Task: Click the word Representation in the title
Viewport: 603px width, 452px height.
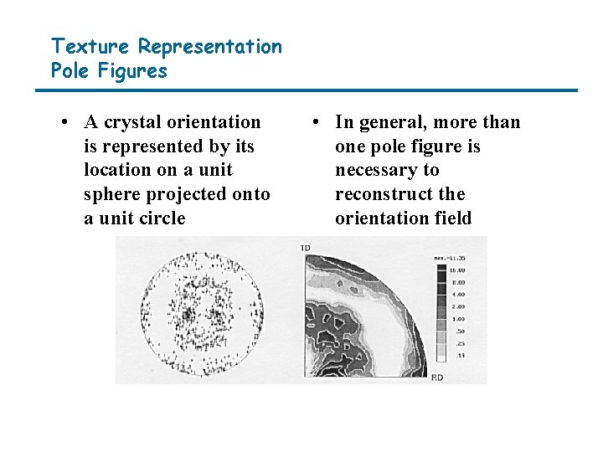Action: pyautogui.click(x=209, y=46)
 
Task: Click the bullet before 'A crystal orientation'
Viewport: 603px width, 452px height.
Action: pyautogui.click(x=64, y=122)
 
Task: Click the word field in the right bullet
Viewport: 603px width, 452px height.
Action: pyautogui.click(x=453, y=218)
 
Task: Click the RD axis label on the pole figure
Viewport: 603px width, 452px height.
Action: pyautogui.click(x=437, y=378)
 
